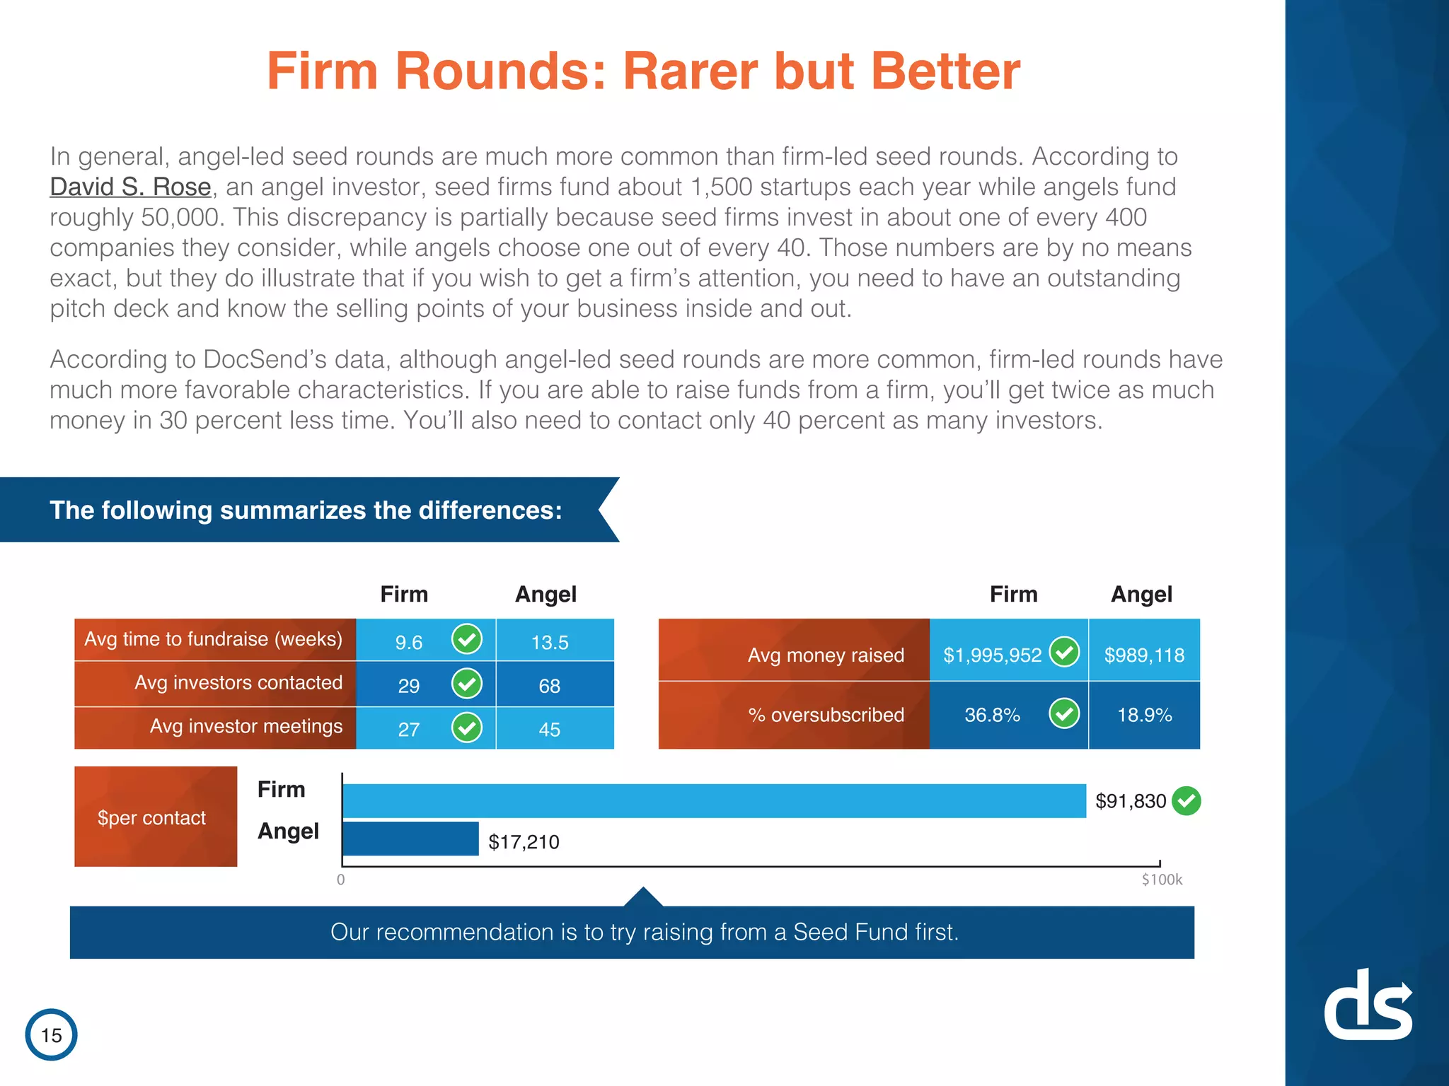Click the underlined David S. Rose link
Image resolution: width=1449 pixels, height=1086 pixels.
[x=130, y=187]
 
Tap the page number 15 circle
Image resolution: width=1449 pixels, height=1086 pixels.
[x=51, y=1034]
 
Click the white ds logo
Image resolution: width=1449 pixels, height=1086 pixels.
[x=1368, y=1004]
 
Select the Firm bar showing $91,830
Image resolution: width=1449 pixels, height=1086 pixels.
[x=714, y=800]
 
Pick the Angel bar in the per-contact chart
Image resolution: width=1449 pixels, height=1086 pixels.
[x=410, y=839]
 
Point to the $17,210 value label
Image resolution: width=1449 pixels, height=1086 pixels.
[x=524, y=841]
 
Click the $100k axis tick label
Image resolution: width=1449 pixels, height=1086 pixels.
[x=1162, y=880]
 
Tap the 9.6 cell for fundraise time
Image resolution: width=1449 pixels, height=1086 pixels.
[x=426, y=640]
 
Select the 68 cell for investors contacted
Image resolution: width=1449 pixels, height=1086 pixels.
[x=555, y=684]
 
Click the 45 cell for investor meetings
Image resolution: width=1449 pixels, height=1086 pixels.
[x=555, y=728]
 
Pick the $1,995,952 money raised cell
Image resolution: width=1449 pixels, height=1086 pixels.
[x=1009, y=650]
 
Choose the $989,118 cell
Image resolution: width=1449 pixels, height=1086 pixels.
[x=1144, y=650]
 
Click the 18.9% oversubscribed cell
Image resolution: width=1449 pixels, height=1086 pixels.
[x=1144, y=715]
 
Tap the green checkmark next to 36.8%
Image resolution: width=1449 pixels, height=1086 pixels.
[x=1064, y=713]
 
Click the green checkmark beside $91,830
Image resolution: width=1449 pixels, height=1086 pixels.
[x=1187, y=801]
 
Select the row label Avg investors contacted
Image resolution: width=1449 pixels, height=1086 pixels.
[x=238, y=682]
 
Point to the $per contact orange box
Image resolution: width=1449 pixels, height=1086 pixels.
[x=156, y=817]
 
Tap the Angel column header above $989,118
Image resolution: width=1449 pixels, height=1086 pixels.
[x=1141, y=595]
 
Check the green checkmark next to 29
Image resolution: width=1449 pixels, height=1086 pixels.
[x=467, y=683]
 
